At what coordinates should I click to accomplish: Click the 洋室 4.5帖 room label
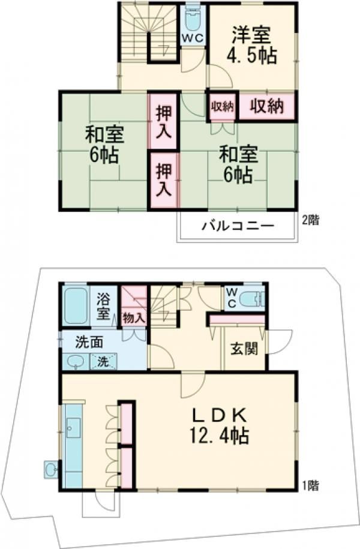(x=251, y=46)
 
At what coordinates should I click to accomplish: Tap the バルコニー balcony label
(x=238, y=227)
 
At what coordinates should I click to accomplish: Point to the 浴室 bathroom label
(x=104, y=305)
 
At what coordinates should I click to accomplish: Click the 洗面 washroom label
(x=89, y=342)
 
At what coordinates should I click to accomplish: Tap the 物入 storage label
(x=133, y=317)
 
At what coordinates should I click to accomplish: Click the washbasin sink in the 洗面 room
(x=76, y=361)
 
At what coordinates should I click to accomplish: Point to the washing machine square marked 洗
(x=103, y=362)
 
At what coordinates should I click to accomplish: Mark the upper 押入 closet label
(x=163, y=120)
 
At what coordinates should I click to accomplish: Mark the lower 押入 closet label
(x=163, y=181)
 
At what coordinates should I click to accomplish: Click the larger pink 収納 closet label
(x=267, y=106)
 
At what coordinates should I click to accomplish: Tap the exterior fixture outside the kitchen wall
(x=51, y=468)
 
